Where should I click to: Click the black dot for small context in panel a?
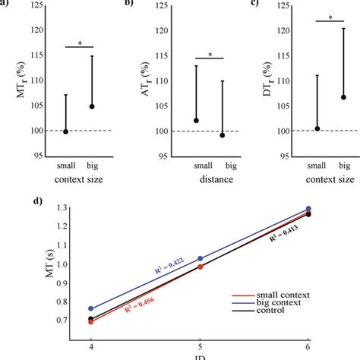pos(66,131)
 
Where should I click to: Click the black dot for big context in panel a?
pos(92,106)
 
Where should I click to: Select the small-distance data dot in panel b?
pos(196,120)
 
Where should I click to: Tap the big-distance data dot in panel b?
pos(222,135)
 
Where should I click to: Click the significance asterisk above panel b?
pos(209,55)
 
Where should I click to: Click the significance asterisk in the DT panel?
pos(330,17)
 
